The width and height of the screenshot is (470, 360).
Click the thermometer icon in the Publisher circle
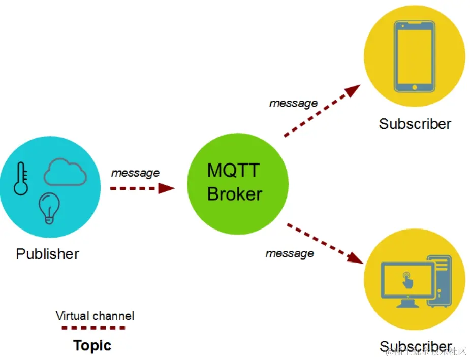click(21, 178)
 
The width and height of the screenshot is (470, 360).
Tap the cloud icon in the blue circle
click(65, 173)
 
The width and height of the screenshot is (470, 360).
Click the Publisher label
click(48, 253)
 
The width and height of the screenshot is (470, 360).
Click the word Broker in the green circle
click(234, 194)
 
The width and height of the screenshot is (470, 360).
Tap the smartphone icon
click(415, 55)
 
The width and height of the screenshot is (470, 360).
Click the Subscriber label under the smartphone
click(415, 124)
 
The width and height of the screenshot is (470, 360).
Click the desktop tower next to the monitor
click(439, 280)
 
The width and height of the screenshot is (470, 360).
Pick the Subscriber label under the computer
click(416, 347)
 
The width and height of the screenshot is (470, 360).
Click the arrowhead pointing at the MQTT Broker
click(166, 188)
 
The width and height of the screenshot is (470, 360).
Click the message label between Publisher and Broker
click(135, 173)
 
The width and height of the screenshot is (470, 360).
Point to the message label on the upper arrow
click(293, 103)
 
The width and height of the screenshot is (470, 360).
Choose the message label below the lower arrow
click(290, 253)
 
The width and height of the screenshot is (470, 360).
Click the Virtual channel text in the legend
click(95, 316)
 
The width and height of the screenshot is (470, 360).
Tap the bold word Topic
click(92, 346)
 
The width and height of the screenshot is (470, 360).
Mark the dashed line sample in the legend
click(93, 329)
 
